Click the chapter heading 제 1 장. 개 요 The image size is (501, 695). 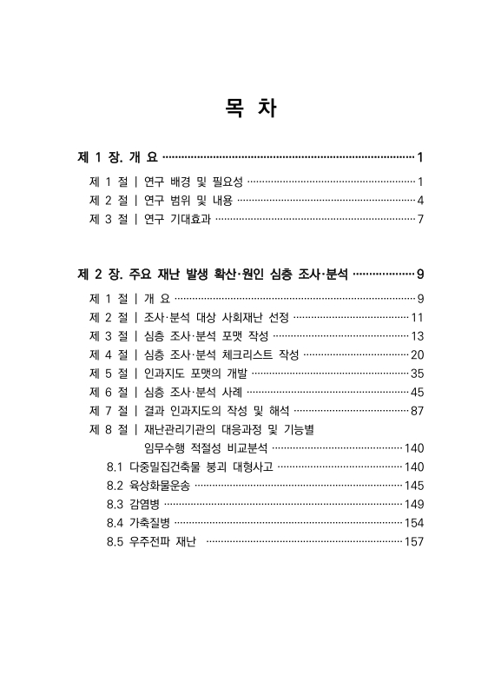117,157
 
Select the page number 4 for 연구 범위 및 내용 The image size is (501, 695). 419,201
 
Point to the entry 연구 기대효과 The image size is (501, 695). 177,219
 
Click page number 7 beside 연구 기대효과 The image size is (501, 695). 419,219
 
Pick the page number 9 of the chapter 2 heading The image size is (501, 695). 419,275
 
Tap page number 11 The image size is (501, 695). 417,318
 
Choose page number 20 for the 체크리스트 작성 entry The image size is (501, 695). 416,354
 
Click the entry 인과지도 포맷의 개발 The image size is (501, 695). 195,374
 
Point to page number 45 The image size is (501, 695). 416,392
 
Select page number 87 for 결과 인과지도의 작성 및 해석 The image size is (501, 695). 416,410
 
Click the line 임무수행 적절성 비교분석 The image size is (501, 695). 207,448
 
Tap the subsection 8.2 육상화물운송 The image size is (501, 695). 146,486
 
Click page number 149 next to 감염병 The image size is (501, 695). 413,505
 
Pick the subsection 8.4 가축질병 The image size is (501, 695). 137,523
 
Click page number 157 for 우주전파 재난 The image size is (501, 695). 413,542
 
